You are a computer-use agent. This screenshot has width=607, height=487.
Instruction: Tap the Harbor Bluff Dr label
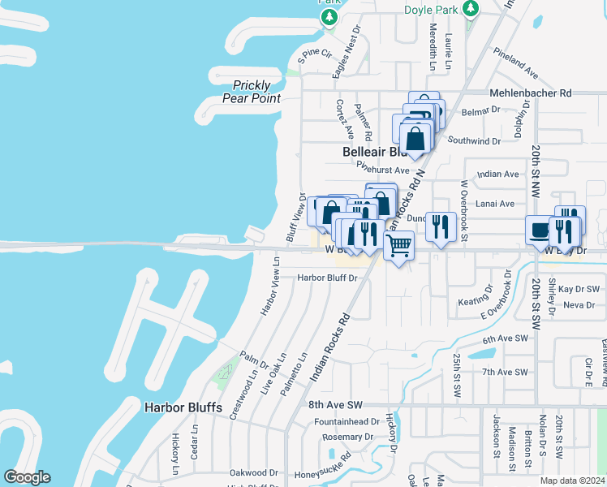click(x=327, y=278)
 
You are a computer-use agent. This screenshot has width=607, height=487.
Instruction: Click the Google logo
click(x=27, y=477)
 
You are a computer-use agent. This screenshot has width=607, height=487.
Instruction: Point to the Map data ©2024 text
click(x=573, y=481)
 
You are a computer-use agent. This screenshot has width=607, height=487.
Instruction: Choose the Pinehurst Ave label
click(x=386, y=170)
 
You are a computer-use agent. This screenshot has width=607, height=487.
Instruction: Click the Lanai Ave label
click(x=495, y=204)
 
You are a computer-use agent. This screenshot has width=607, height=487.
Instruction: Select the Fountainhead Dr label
click(x=347, y=422)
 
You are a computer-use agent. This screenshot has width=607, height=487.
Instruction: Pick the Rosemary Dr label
click(x=347, y=437)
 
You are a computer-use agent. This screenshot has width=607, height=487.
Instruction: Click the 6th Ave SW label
click(x=505, y=340)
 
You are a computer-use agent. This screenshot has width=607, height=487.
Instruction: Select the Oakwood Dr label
click(x=254, y=472)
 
